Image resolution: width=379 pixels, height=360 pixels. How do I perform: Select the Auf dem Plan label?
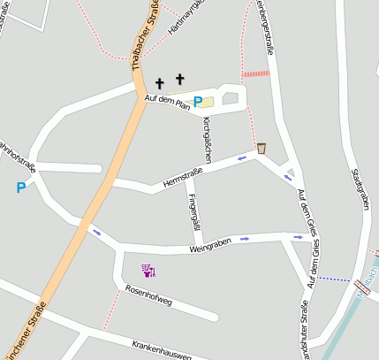(x=167, y=103)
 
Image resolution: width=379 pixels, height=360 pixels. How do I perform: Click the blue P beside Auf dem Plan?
(x=198, y=103)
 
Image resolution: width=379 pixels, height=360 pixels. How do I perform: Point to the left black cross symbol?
(x=161, y=83)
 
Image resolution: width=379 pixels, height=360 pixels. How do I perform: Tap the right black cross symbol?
(x=181, y=80)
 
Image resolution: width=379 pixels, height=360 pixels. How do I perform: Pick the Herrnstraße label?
(x=184, y=177)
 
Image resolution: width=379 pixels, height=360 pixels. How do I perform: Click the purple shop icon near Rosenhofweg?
(x=148, y=270)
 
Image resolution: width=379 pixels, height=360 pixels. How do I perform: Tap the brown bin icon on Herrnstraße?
(x=262, y=148)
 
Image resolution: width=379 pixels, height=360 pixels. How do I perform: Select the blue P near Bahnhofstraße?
(x=20, y=187)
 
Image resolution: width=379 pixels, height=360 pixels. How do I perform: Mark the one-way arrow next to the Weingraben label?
(x=245, y=239)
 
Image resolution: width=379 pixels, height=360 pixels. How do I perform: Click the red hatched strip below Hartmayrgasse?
(x=255, y=74)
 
